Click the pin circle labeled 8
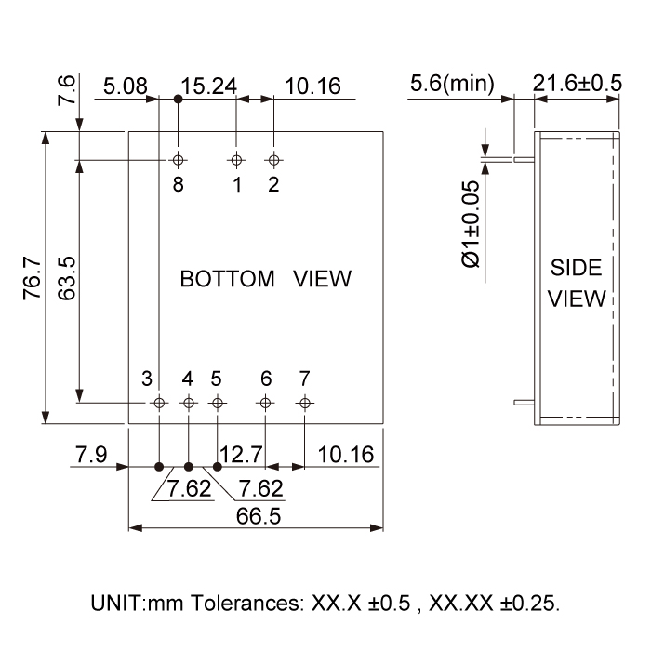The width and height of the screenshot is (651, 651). [179, 160]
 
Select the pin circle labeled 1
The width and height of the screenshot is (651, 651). [236, 160]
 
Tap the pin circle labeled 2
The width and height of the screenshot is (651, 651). [273, 160]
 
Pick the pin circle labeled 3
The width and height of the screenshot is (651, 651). [159, 403]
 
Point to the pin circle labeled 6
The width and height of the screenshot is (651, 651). [265, 403]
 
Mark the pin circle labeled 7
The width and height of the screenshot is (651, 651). [305, 403]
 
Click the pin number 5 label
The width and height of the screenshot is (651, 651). [216, 379]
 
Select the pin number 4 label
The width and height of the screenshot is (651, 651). [187, 379]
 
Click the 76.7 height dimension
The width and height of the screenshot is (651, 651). [32, 278]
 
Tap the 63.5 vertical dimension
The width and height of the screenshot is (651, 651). [66, 278]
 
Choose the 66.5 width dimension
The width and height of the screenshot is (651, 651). [259, 516]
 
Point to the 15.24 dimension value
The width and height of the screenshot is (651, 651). [208, 86]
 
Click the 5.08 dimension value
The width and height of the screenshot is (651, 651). [125, 86]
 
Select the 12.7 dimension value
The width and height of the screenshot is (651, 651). [241, 455]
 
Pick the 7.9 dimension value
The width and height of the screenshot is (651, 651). [91, 454]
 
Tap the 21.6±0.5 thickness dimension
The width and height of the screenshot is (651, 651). [578, 83]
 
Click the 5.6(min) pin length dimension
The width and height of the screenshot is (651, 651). [452, 84]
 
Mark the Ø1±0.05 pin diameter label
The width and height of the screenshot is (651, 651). [471, 224]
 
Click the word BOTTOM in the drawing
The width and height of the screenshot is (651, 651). [227, 279]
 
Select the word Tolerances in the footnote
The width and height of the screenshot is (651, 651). [247, 604]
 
